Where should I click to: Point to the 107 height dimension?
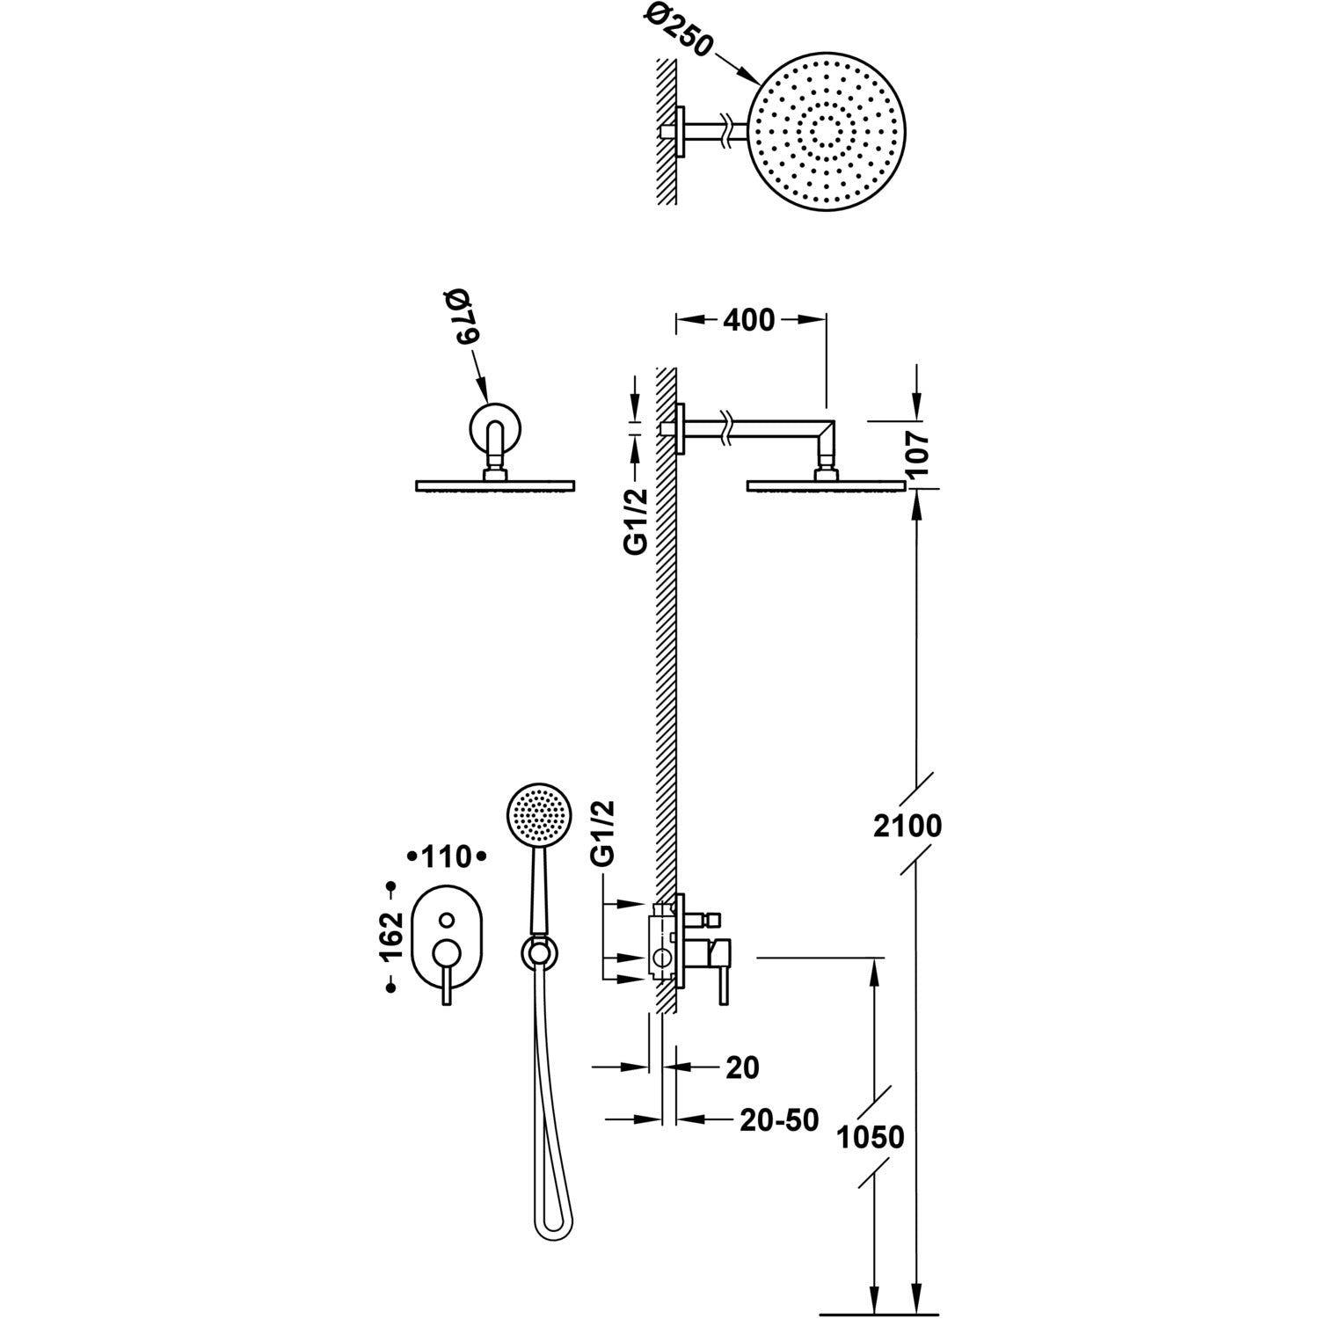point(918,454)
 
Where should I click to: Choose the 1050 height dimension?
point(870,1137)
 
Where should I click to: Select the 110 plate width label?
point(448,856)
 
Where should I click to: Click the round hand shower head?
point(540,813)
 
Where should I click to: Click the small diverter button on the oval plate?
point(447,920)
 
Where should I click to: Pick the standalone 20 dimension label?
point(742,1067)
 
